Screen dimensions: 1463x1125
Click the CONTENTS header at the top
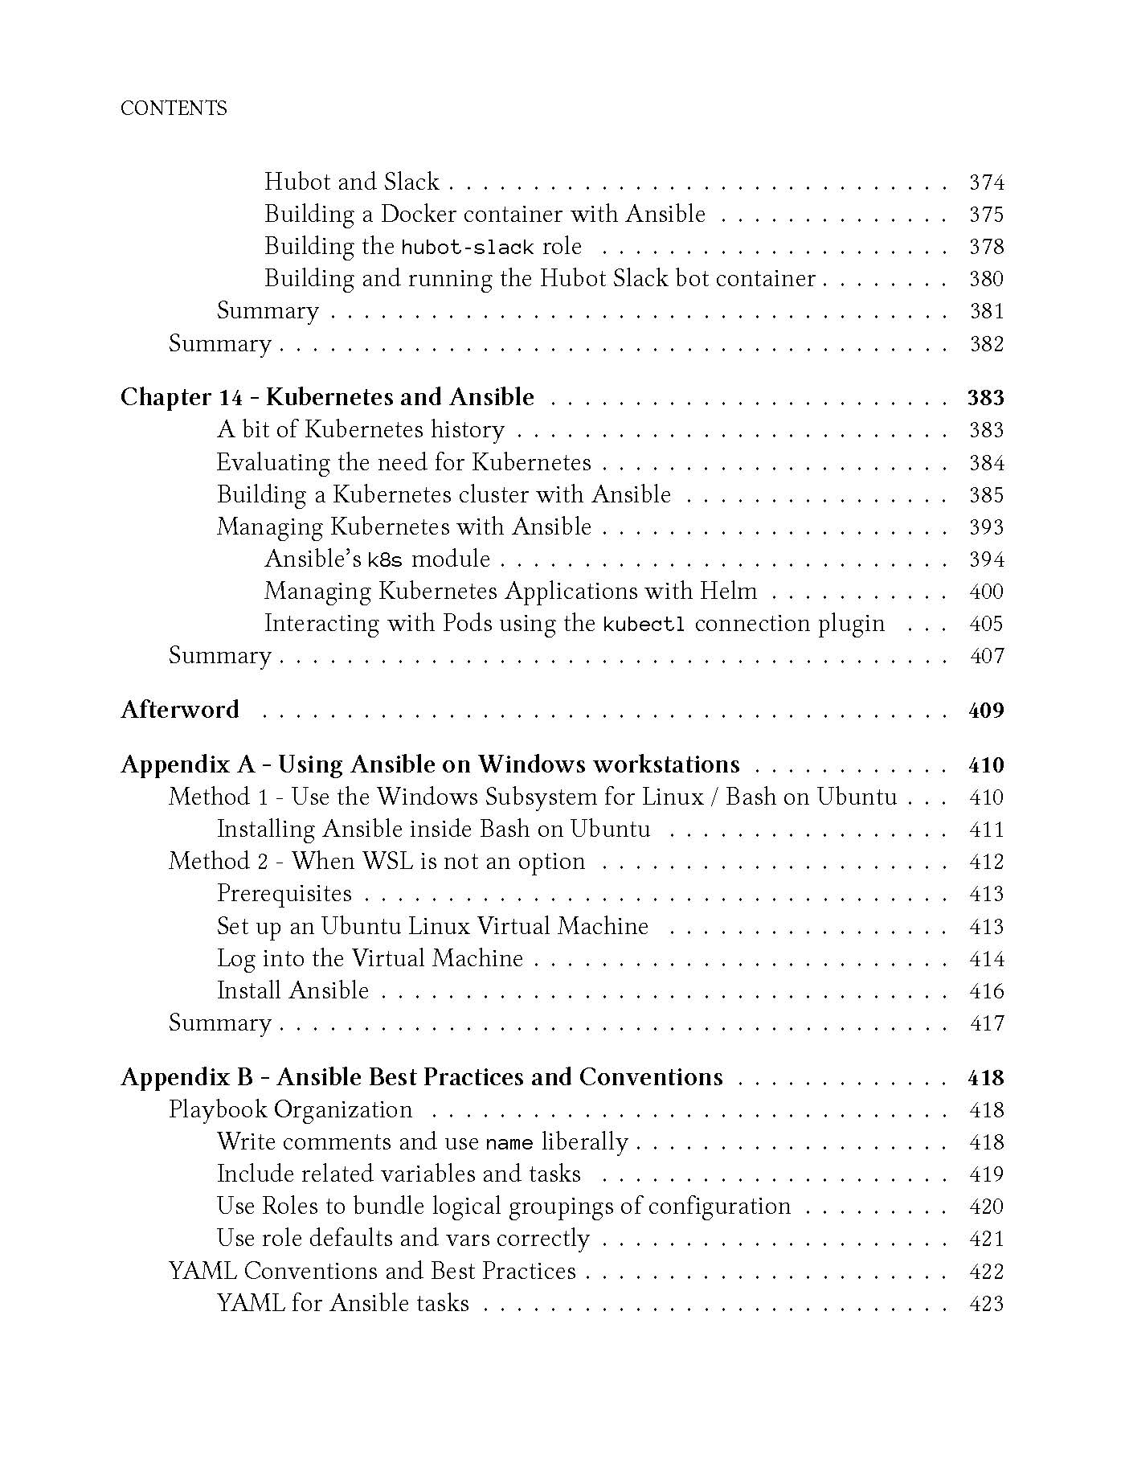coord(174,109)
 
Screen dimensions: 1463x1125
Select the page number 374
coord(987,182)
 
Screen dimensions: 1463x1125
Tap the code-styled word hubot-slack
coord(468,248)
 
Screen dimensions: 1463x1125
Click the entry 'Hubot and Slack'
coord(352,182)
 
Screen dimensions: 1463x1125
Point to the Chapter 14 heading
coord(327,397)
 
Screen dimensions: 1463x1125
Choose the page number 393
coord(987,527)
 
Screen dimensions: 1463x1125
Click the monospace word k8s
coord(385,560)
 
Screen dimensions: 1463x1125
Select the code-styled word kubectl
coord(644,625)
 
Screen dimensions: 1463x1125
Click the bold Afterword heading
coord(180,710)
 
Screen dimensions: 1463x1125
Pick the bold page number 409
coord(986,711)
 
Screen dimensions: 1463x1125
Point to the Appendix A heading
coord(430,764)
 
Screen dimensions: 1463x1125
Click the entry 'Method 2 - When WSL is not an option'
coord(377,861)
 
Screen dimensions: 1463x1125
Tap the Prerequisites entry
coord(284,894)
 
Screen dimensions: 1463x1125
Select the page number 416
coord(987,991)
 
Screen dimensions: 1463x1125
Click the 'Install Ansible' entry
coord(292,990)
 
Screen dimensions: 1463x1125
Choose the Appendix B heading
coord(422,1077)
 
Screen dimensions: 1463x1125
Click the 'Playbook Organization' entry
coord(290,1109)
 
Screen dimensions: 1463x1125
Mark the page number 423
coord(987,1303)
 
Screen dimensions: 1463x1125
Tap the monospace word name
coord(509,1143)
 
